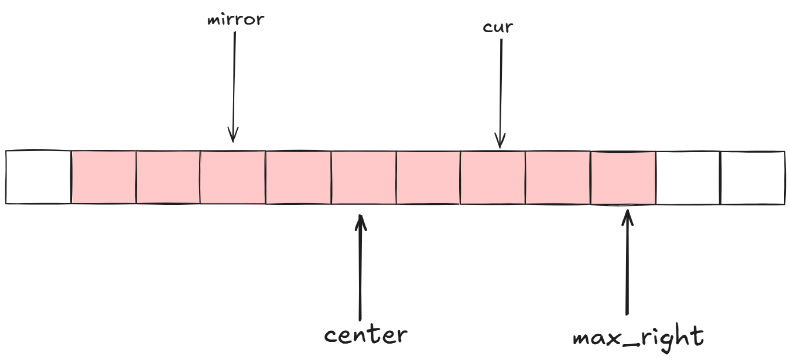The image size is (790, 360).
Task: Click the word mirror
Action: (236, 19)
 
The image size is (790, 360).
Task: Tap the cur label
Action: (498, 27)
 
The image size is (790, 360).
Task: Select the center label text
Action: (365, 335)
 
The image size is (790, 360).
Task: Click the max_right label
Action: (638, 338)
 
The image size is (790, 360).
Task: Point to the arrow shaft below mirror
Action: (234, 82)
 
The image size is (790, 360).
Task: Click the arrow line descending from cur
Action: (501, 88)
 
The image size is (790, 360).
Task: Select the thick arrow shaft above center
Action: (361, 269)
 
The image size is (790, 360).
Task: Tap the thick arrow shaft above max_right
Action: (627, 263)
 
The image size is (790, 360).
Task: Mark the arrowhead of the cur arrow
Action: (500, 145)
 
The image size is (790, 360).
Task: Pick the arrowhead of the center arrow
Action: (361, 218)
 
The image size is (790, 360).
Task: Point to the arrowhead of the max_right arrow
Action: (627, 213)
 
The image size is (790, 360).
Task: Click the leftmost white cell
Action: (39, 177)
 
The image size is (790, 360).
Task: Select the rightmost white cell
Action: (753, 178)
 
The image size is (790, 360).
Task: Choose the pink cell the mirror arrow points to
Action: (232, 177)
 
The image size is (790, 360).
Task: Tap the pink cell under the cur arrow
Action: (493, 177)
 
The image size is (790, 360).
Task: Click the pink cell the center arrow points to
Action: (364, 177)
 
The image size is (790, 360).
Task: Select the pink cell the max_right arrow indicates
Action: (623, 178)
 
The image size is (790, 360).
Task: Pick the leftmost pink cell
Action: (104, 177)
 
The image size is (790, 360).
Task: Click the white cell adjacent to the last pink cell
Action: (688, 178)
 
